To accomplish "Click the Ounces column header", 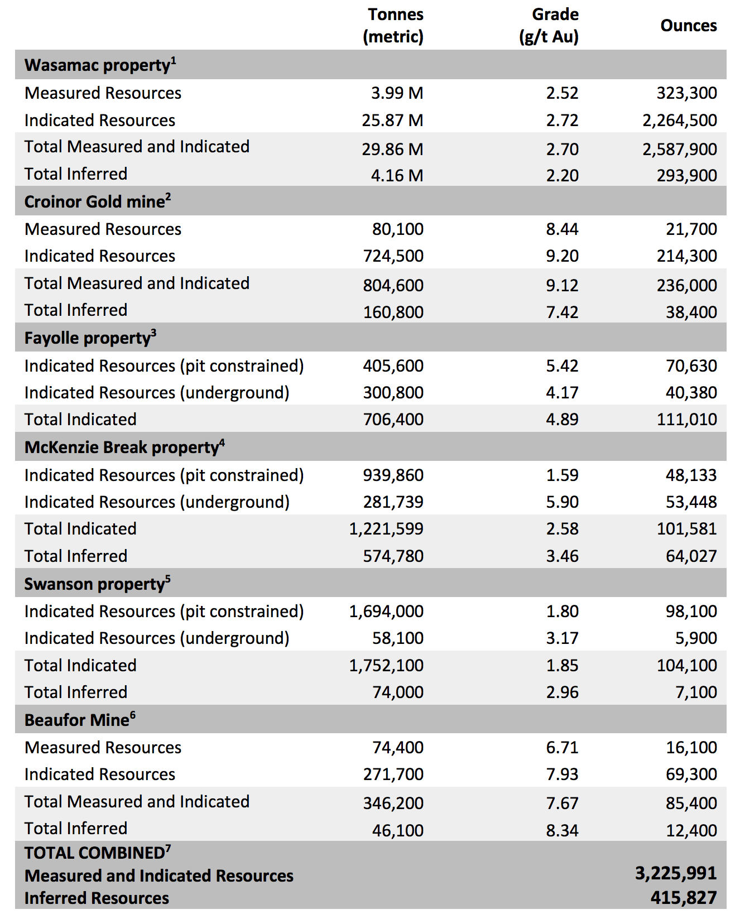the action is pyautogui.click(x=689, y=26).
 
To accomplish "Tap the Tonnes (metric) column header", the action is pyautogui.click(x=393, y=26).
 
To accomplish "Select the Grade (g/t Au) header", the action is pyautogui.click(x=549, y=26).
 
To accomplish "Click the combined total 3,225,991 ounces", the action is pyautogui.click(x=676, y=873).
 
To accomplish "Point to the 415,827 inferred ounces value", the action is pyautogui.click(x=684, y=898).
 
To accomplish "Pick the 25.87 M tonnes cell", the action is pyautogui.click(x=392, y=120).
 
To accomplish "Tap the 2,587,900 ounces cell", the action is pyautogui.click(x=680, y=149).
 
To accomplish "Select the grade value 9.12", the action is pyautogui.click(x=562, y=285).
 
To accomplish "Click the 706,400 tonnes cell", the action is pyautogui.click(x=393, y=419).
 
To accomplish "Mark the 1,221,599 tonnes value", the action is pyautogui.click(x=386, y=528).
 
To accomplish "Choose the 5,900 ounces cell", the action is pyautogui.click(x=696, y=638).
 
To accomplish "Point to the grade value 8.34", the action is pyautogui.click(x=562, y=830).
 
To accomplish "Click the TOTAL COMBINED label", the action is pyautogui.click(x=94, y=853).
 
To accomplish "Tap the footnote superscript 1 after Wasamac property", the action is pyautogui.click(x=174, y=60).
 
